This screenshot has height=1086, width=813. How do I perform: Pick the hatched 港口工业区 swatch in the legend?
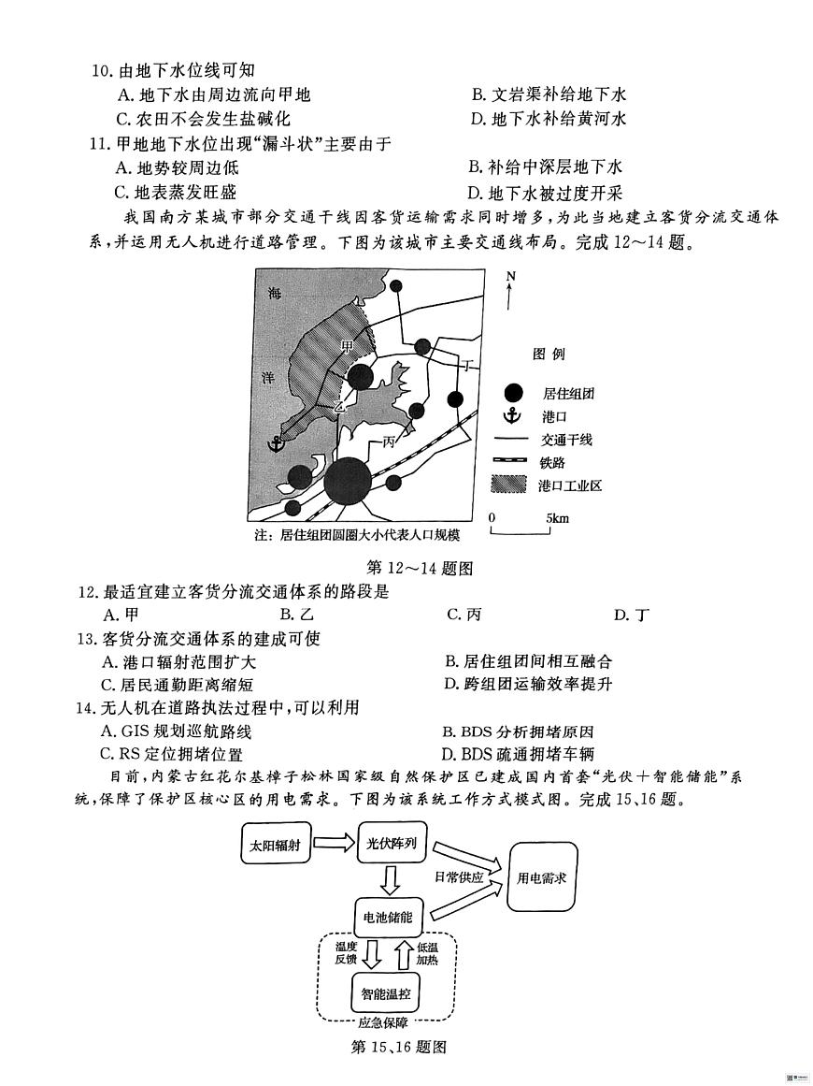tap(510, 485)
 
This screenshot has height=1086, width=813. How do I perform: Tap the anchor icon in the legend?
tap(510, 416)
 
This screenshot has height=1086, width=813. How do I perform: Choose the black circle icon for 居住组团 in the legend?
tap(510, 393)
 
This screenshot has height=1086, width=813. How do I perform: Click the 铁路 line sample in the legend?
tap(510, 462)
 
